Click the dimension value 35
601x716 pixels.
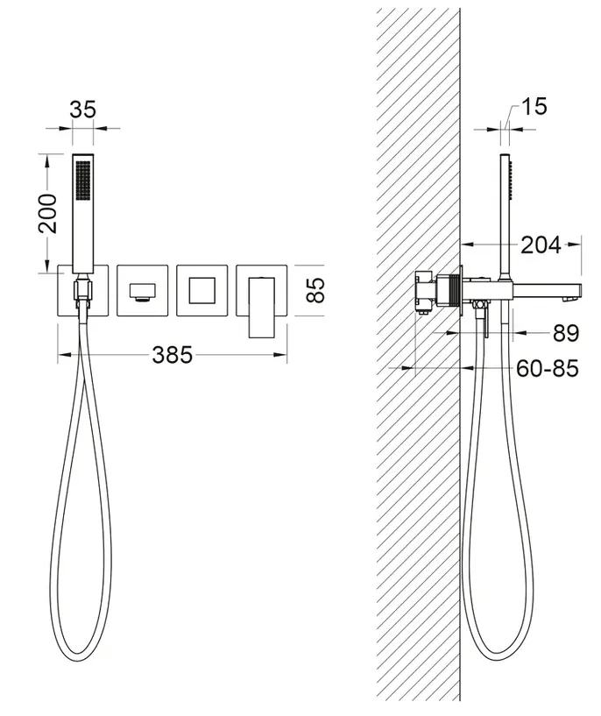point(82,110)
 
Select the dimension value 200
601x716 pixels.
point(48,213)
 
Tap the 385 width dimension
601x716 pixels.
point(172,355)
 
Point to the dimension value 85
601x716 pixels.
point(315,290)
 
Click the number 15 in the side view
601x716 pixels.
point(534,106)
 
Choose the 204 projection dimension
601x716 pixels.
point(541,245)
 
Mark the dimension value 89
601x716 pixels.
point(566,333)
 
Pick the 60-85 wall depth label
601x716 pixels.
point(548,368)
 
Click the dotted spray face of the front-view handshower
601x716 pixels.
point(82,180)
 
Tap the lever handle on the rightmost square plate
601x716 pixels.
point(261,308)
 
